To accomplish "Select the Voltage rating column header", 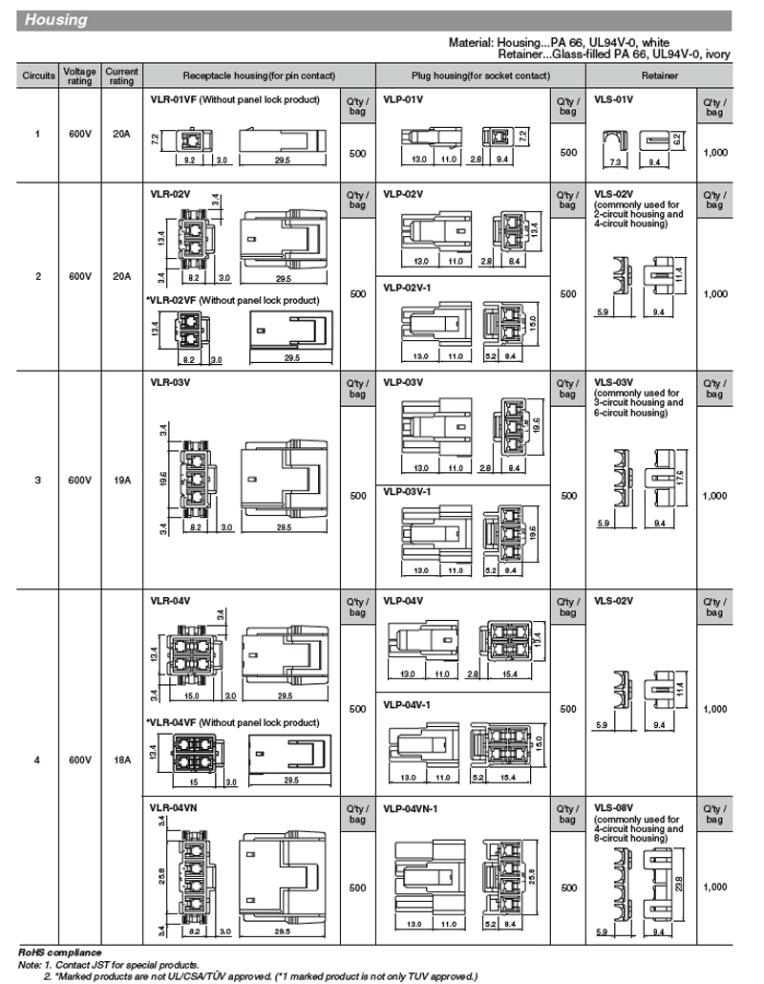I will click(x=79, y=75).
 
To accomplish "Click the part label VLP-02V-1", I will click(x=408, y=287).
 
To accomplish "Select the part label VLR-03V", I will click(x=170, y=382).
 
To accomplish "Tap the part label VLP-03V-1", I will click(x=408, y=492).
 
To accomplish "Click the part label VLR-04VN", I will click(x=173, y=808).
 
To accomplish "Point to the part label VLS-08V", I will click(x=614, y=808).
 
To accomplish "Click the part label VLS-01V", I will click(x=614, y=99).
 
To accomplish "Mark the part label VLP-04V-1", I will click(x=408, y=705).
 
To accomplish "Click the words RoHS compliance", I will click(x=60, y=953).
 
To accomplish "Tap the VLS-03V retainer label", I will click(x=614, y=382).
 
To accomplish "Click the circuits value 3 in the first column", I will click(x=38, y=481).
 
